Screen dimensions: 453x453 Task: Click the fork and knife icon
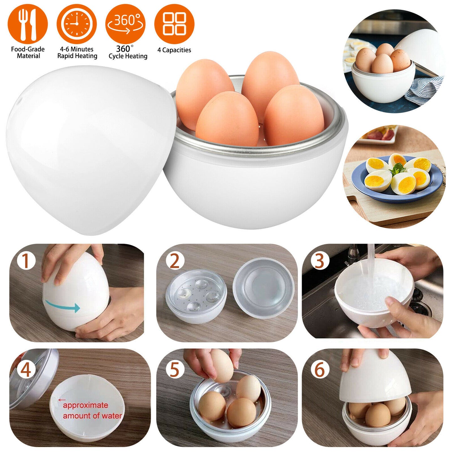coord(28,24)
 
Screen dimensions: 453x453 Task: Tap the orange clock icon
coord(76,24)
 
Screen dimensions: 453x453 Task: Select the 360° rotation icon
coord(125,24)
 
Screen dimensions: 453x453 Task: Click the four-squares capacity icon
coord(174,24)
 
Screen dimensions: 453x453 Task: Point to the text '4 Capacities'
coord(174,50)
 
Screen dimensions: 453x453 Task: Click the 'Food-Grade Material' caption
coord(28,53)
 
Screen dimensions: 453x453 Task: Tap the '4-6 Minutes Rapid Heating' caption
coord(77,53)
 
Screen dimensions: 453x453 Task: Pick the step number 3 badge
coord(319,261)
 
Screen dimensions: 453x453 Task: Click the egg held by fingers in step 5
coord(222,365)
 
